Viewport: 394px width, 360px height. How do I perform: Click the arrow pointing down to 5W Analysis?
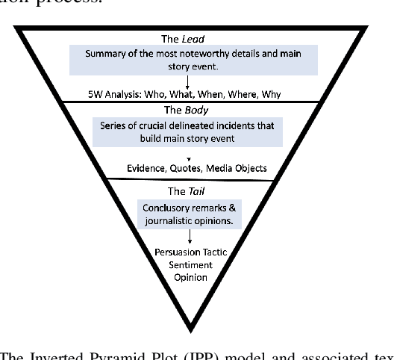tap(196, 81)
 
